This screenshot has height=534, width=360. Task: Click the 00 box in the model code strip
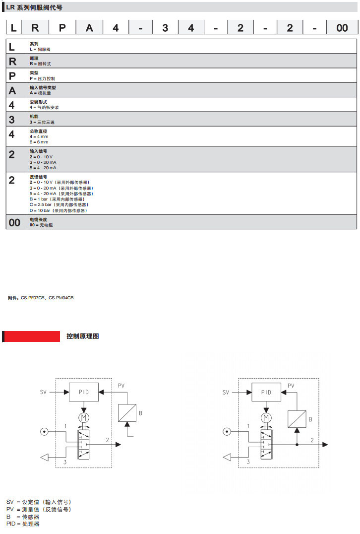(342, 28)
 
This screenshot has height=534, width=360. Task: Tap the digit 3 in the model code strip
(165, 28)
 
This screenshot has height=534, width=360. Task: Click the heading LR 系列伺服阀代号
(35, 7)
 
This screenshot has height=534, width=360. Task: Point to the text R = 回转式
(40, 64)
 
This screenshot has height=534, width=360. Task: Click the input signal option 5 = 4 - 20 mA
(43, 168)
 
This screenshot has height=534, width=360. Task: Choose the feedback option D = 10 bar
(58, 210)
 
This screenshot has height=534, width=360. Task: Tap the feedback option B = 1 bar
(57, 199)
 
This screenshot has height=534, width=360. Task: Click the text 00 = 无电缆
(41, 225)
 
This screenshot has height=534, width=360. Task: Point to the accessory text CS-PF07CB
(33, 298)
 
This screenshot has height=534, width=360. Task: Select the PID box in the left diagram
(83, 392)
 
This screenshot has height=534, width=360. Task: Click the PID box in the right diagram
(266, 392)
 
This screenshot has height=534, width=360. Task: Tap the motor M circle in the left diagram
(83, 416)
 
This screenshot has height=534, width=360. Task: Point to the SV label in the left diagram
(44, 392)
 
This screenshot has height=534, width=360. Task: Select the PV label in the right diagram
(291, 386)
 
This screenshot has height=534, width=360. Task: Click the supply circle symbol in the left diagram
(45, 431)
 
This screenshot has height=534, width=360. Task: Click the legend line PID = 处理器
(23, 524)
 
